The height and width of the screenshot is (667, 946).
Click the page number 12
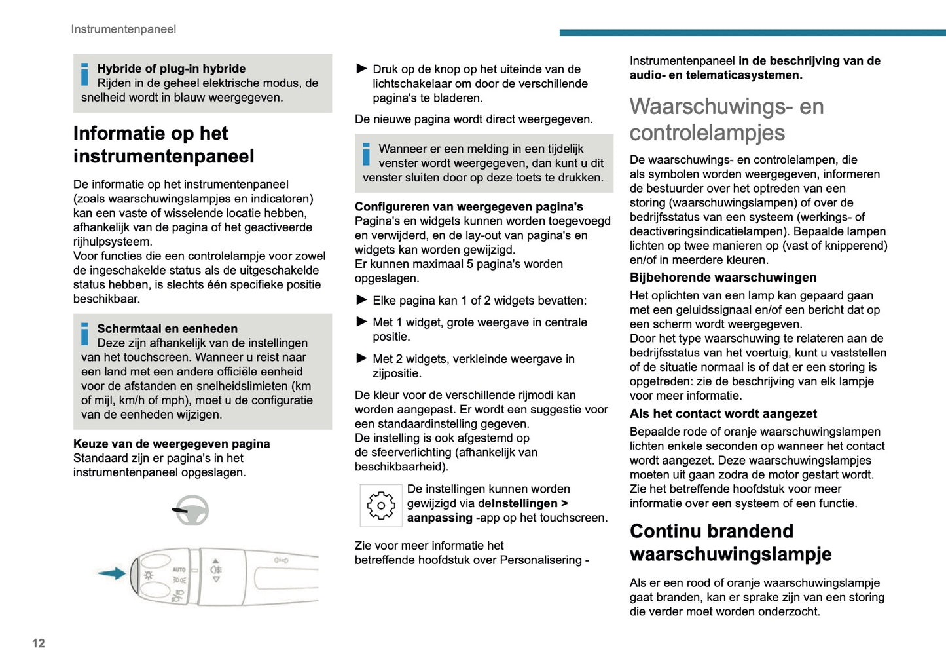(x=39, y=643)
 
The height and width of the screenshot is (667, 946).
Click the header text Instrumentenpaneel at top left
(x=123, y=29)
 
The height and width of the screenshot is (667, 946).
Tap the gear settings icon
(x=381, y=505)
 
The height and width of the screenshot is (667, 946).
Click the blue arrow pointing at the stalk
(x=112, y=574)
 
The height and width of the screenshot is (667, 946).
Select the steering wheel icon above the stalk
(x=191, y=510)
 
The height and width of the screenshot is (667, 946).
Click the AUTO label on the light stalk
(x=179, y=569)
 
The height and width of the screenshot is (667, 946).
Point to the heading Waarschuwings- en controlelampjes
(x=726, y=119)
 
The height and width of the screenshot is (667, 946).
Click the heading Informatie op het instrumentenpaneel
(x=164, y=145)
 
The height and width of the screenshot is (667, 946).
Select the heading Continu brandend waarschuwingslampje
(x=730, y=543)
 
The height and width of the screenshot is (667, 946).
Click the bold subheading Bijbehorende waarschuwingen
(x=723, y=278)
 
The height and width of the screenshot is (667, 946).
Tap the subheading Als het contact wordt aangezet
(x=723, y=414)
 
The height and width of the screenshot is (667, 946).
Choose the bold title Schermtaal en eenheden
(x=167, y=329)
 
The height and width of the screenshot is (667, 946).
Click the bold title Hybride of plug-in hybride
(x=171, y=69)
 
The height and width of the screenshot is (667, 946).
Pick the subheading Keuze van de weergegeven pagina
(x=172, y=444)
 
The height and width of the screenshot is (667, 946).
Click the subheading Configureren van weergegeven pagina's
(x=469, y=207)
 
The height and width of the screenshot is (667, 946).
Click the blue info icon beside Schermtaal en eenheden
(x=84, y=334)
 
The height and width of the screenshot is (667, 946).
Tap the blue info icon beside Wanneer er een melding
(x=366, y=155)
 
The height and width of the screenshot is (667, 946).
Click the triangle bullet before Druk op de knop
(x=361, y=69)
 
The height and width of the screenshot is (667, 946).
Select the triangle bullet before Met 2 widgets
(x=361, y=358)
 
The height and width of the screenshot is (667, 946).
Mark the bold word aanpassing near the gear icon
(x=439, y=518)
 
